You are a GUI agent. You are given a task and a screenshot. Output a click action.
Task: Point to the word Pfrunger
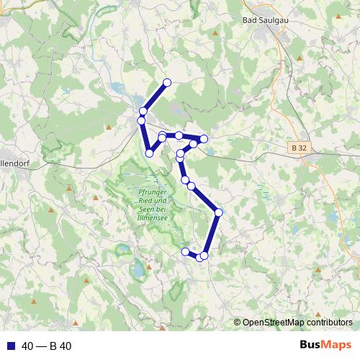150,192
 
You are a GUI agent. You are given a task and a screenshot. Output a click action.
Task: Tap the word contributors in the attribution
328,323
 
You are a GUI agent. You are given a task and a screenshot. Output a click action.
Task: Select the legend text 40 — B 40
46,346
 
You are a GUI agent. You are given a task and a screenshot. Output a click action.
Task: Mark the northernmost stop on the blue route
167,83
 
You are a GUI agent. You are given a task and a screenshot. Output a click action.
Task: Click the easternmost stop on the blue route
218,212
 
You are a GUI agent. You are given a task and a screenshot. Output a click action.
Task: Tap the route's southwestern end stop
185,251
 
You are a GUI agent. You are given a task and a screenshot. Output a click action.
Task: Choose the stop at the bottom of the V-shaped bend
149,153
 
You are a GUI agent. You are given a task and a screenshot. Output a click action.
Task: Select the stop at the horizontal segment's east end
204,138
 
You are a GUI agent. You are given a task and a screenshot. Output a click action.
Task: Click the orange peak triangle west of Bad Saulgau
215,33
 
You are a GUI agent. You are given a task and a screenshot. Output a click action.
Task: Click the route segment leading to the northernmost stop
156,96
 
